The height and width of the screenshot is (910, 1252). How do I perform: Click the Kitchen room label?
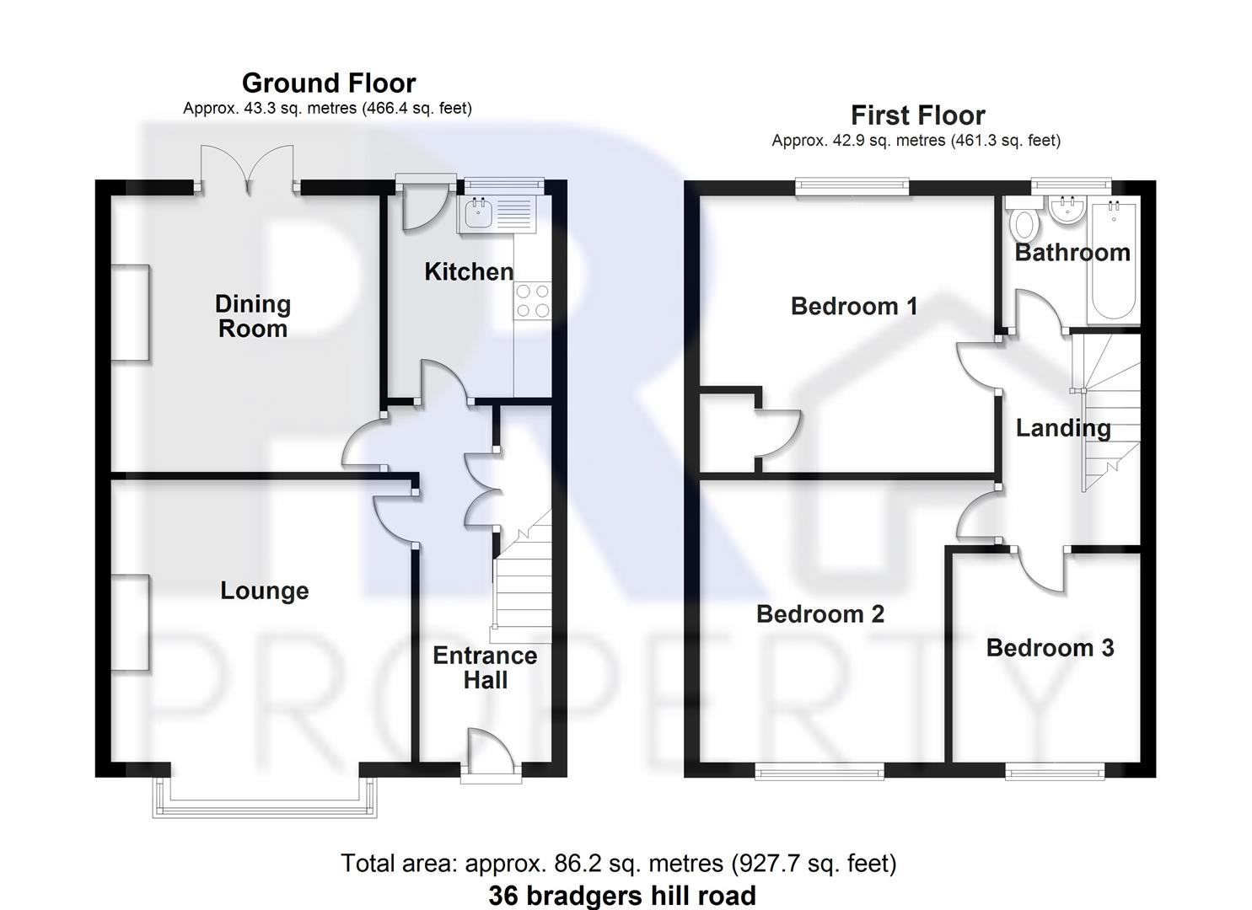469,271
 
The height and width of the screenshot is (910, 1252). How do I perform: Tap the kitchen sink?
477,213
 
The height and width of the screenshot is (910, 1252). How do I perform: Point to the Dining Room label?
253,316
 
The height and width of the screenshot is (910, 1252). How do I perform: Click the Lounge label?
264,591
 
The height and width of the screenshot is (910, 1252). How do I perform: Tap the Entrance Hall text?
485,667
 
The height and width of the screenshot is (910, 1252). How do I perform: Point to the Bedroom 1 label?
854,306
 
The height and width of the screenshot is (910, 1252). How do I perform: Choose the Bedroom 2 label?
819,614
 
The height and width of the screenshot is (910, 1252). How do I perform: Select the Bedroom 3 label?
1050,648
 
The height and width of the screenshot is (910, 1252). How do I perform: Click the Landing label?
1062,428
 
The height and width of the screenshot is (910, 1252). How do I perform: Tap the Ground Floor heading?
329,83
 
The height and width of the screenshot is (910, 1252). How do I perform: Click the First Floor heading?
917,115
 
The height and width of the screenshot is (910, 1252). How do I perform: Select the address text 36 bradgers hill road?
622,895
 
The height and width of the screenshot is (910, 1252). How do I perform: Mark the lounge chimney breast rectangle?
132,623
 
